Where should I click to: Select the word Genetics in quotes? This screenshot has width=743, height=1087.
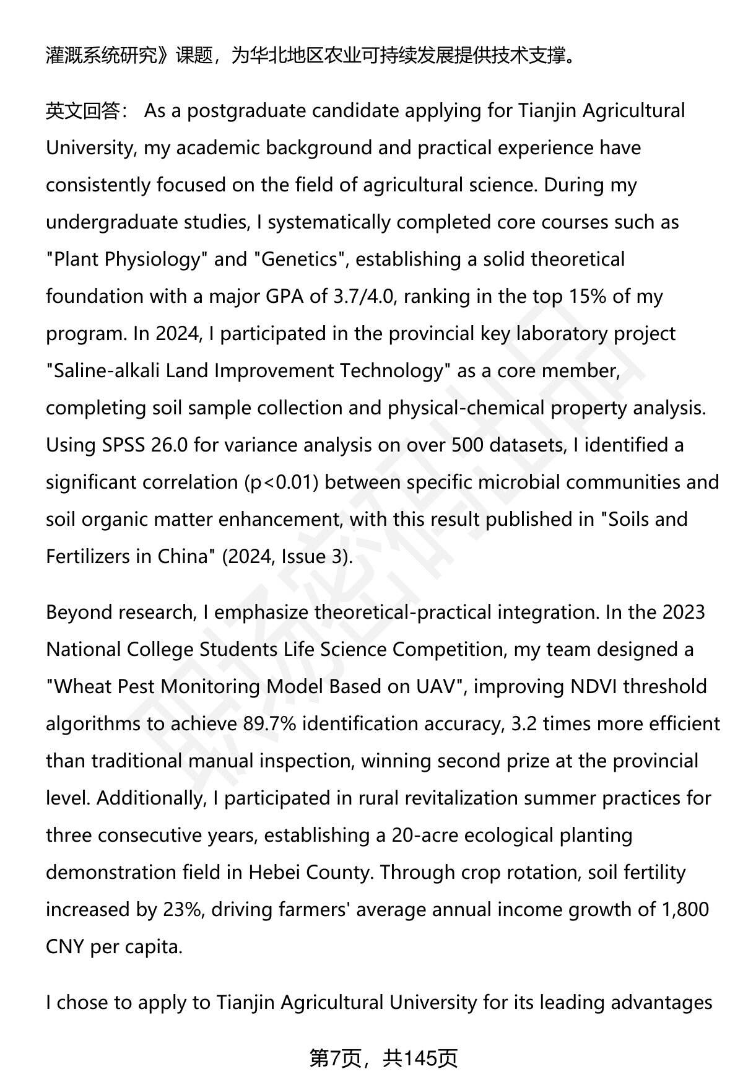[300, 260]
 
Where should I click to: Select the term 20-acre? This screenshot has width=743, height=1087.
[425, 836]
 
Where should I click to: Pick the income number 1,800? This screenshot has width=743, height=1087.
[685, 910]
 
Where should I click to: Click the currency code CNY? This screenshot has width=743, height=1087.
[66, 947]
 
